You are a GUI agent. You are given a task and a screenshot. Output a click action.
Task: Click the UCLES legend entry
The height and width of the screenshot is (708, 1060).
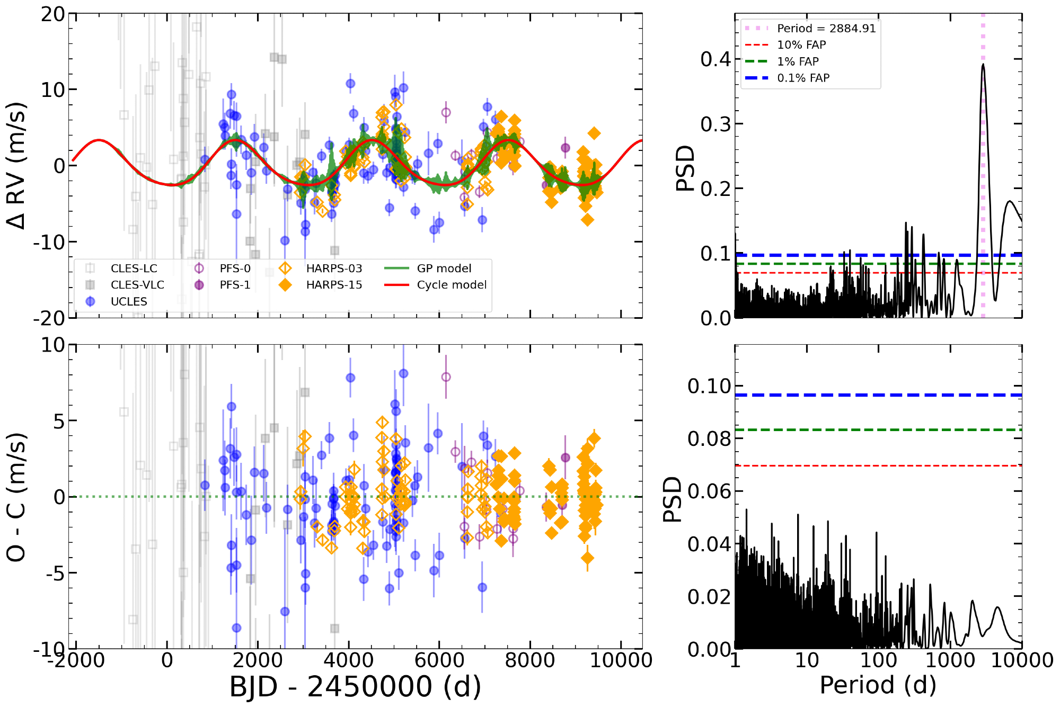[x=128, y=301]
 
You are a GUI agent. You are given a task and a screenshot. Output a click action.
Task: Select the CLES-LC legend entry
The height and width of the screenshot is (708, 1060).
[x=134, y=268]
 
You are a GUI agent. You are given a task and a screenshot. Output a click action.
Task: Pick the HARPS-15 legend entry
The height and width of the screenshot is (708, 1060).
[x=334, y=285]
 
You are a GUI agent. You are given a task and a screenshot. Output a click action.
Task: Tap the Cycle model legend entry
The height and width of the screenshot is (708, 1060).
[x=452, y=285]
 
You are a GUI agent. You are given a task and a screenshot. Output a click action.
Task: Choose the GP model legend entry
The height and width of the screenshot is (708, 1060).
[x=444, y=268]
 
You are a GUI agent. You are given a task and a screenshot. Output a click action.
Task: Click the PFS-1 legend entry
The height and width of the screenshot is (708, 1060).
[x=235, y=285]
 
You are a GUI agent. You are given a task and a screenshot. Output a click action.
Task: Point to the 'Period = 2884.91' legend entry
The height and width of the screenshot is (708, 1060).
[x=826, y=29]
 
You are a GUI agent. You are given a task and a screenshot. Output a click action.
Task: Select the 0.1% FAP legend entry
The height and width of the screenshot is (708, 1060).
[x=803, y=78]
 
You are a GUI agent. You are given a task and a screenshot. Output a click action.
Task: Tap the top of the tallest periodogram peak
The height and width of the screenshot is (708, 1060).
[x=983, y=64]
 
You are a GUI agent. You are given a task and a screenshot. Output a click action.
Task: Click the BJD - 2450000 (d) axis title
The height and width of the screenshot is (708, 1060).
[x=355, y=687]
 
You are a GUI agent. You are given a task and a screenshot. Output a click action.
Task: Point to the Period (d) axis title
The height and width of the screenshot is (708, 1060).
[x=878, y=685]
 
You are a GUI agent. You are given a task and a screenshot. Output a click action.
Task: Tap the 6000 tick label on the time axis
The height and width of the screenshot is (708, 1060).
[x=439, y=660]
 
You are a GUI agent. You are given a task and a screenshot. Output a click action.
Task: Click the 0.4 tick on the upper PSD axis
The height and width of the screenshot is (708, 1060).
[x=715, y=59]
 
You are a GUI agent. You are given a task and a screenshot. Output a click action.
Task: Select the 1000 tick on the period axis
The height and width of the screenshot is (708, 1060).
[x=950, y=660]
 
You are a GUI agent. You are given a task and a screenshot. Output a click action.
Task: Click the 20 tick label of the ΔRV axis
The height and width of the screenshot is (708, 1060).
[x=53, y=14]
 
